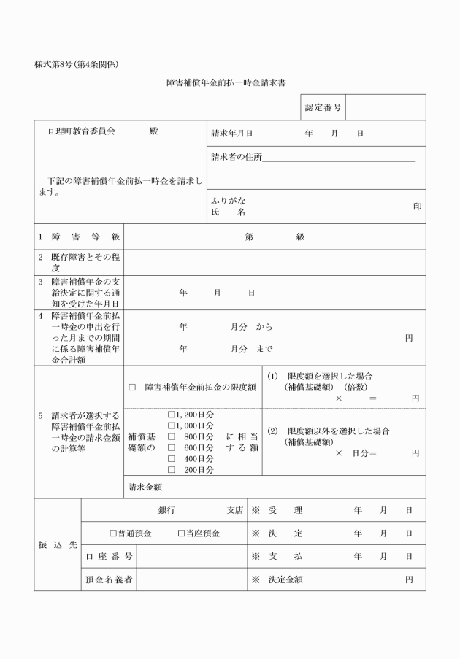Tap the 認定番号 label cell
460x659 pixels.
click(323, 107)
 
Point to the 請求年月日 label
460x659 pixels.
click(231, 134)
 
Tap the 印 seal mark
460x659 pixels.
click(417, 207)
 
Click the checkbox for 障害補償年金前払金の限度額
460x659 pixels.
click(132, 387)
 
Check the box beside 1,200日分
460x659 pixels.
click(172, 414)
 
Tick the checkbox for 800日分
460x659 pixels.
click(172, 436)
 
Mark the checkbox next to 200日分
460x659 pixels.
click(172, 469)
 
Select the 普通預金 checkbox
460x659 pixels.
click(113, 533)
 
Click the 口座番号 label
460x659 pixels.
click(109, 557)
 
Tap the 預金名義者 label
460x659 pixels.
click(109, 579)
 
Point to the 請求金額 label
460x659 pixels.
click(145, 487)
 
